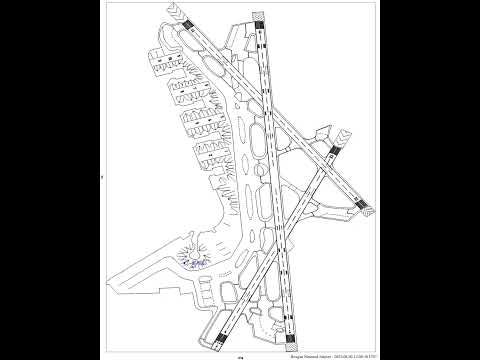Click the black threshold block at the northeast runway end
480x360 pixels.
tap(332, 150)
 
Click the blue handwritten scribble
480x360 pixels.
tap(194, 262)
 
